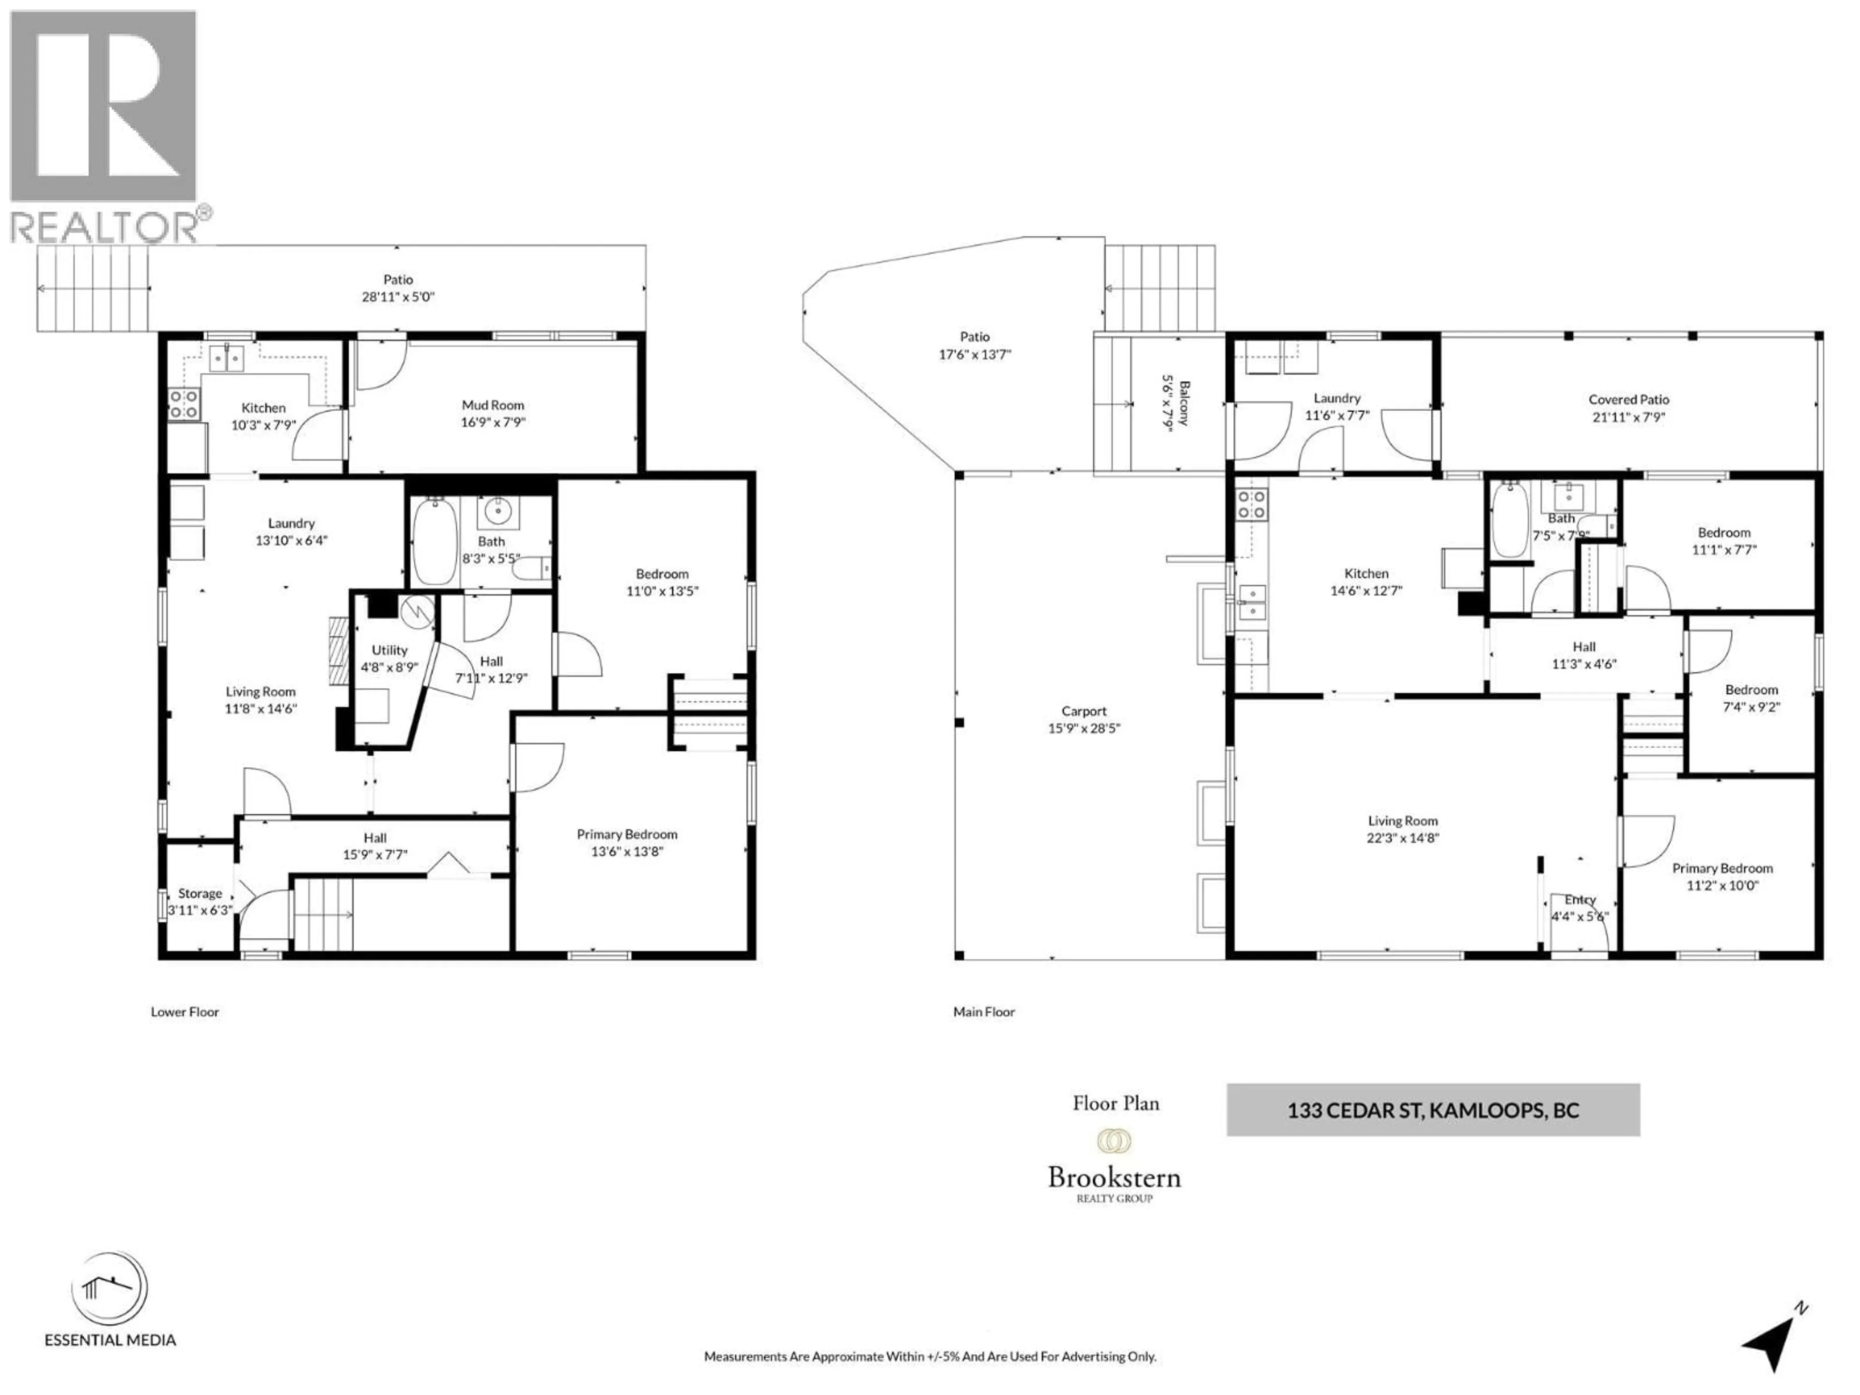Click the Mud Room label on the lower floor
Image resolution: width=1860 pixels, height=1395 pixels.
[493, 405]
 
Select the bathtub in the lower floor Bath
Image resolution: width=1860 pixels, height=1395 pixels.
[435, 541]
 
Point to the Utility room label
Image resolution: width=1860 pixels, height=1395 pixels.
[389, 650]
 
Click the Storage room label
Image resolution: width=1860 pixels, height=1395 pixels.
[200, 893]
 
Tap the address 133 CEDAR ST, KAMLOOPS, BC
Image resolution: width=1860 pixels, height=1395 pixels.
[1433, 1111]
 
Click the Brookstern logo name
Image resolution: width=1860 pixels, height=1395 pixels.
[1114, 1177]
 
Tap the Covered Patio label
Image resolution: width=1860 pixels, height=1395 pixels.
[1629, 400]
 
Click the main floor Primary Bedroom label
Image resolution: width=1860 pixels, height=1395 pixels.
[1722, 868]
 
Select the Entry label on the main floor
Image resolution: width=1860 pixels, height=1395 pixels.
[1580, 900]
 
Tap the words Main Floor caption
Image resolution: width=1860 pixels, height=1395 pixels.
[984, 1012]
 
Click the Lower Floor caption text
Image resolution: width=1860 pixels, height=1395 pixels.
[185, 1012]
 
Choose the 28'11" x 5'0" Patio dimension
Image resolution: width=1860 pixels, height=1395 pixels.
[399, 297]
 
